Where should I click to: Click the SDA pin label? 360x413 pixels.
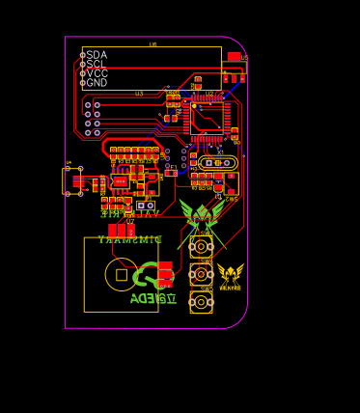(97, 55)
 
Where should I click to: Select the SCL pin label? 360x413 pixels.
(97, 64)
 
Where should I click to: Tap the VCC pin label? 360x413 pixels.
(97, 73)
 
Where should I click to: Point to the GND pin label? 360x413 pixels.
(97, 83)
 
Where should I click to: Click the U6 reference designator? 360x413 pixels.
(152, 44)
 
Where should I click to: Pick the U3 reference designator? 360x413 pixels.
(139, 94)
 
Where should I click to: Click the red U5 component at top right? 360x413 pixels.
(234, 57)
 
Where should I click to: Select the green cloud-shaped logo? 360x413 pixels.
(147, 279)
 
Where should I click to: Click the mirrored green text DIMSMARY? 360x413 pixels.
(130, 239)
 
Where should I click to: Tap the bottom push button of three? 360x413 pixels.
(202, 303)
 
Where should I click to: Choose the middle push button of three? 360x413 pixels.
(202, 274)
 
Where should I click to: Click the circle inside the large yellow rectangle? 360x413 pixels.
(121, 274)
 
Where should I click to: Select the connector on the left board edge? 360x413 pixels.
(72, 179)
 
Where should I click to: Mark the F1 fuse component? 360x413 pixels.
(171, 173)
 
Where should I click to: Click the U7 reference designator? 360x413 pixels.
(131, 222)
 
